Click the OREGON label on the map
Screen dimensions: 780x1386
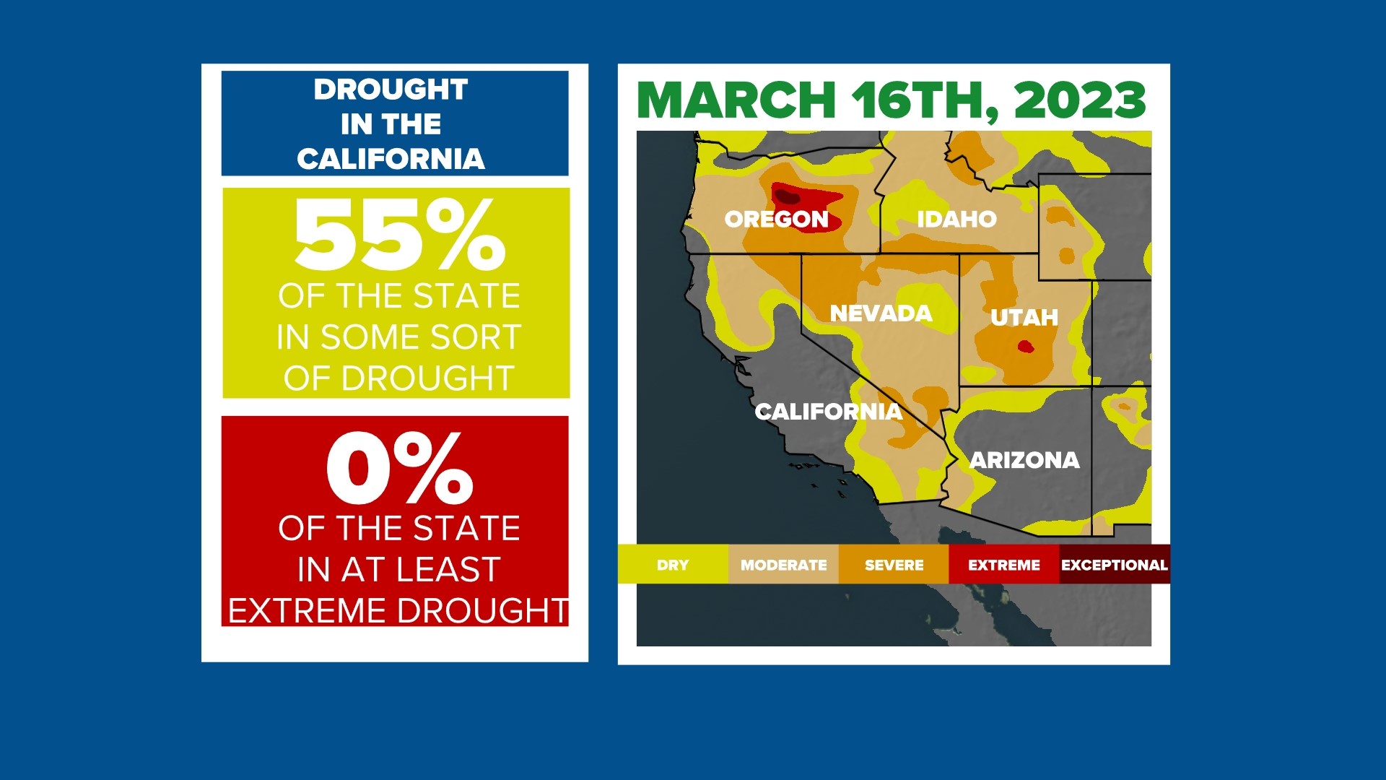[776, 219]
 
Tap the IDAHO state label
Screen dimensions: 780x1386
[956, 219]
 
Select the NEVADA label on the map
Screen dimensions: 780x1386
[881, 313]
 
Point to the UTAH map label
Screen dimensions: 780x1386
[1024, 318]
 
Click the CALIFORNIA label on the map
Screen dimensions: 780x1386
[828, 412]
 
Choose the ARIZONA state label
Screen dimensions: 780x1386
[1024, 460]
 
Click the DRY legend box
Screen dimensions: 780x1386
[673, 565]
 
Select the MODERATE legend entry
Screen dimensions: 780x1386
[783, 565]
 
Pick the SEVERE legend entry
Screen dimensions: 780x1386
[894, 565]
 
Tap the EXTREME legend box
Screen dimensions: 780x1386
[1003, 565]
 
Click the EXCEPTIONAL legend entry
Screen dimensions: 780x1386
[1114, 565]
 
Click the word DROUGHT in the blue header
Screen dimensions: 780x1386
[391, 90]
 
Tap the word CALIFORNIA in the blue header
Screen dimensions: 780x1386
[391, 159]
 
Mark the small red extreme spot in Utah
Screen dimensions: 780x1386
[1025, 347]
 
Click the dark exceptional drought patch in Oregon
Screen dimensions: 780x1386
[787, 196]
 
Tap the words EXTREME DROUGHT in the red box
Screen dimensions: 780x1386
[398, 611]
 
